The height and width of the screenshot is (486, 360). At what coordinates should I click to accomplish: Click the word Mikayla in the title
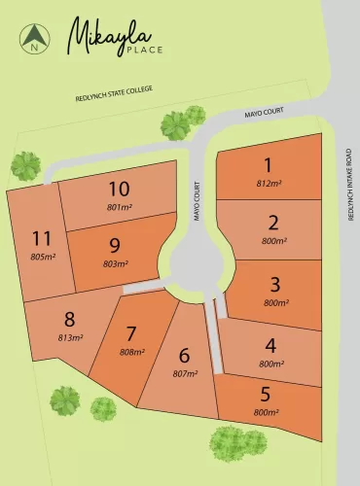[x=101, y=35]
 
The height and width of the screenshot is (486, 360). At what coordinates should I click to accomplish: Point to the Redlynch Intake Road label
[x=348, y=185]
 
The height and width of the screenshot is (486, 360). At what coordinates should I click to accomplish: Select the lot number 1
[x=269, y=165]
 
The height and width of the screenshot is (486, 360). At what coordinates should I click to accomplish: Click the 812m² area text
[x=270, y=183]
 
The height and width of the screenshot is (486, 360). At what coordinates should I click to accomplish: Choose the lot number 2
[x=273, y=224]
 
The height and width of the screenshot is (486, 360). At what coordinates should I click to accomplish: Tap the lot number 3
[x=275, y=285]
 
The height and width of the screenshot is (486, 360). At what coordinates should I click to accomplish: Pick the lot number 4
[x=270, y=345]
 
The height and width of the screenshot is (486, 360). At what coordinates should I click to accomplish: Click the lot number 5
[x=266, y=395]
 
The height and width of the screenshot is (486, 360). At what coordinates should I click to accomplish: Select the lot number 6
[x=184, y=355]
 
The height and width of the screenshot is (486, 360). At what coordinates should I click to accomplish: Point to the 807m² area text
[x=185, y=374]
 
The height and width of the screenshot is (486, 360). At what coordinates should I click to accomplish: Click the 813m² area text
[x=70, y=337]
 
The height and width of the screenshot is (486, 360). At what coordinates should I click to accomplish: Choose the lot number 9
[x=115, y=246]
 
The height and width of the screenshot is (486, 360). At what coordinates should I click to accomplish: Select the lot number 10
[x=119, y=189]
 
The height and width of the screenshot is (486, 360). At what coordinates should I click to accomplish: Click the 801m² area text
[x=119, y=206]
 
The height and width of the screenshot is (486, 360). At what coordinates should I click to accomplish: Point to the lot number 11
[x=41, y=238]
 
